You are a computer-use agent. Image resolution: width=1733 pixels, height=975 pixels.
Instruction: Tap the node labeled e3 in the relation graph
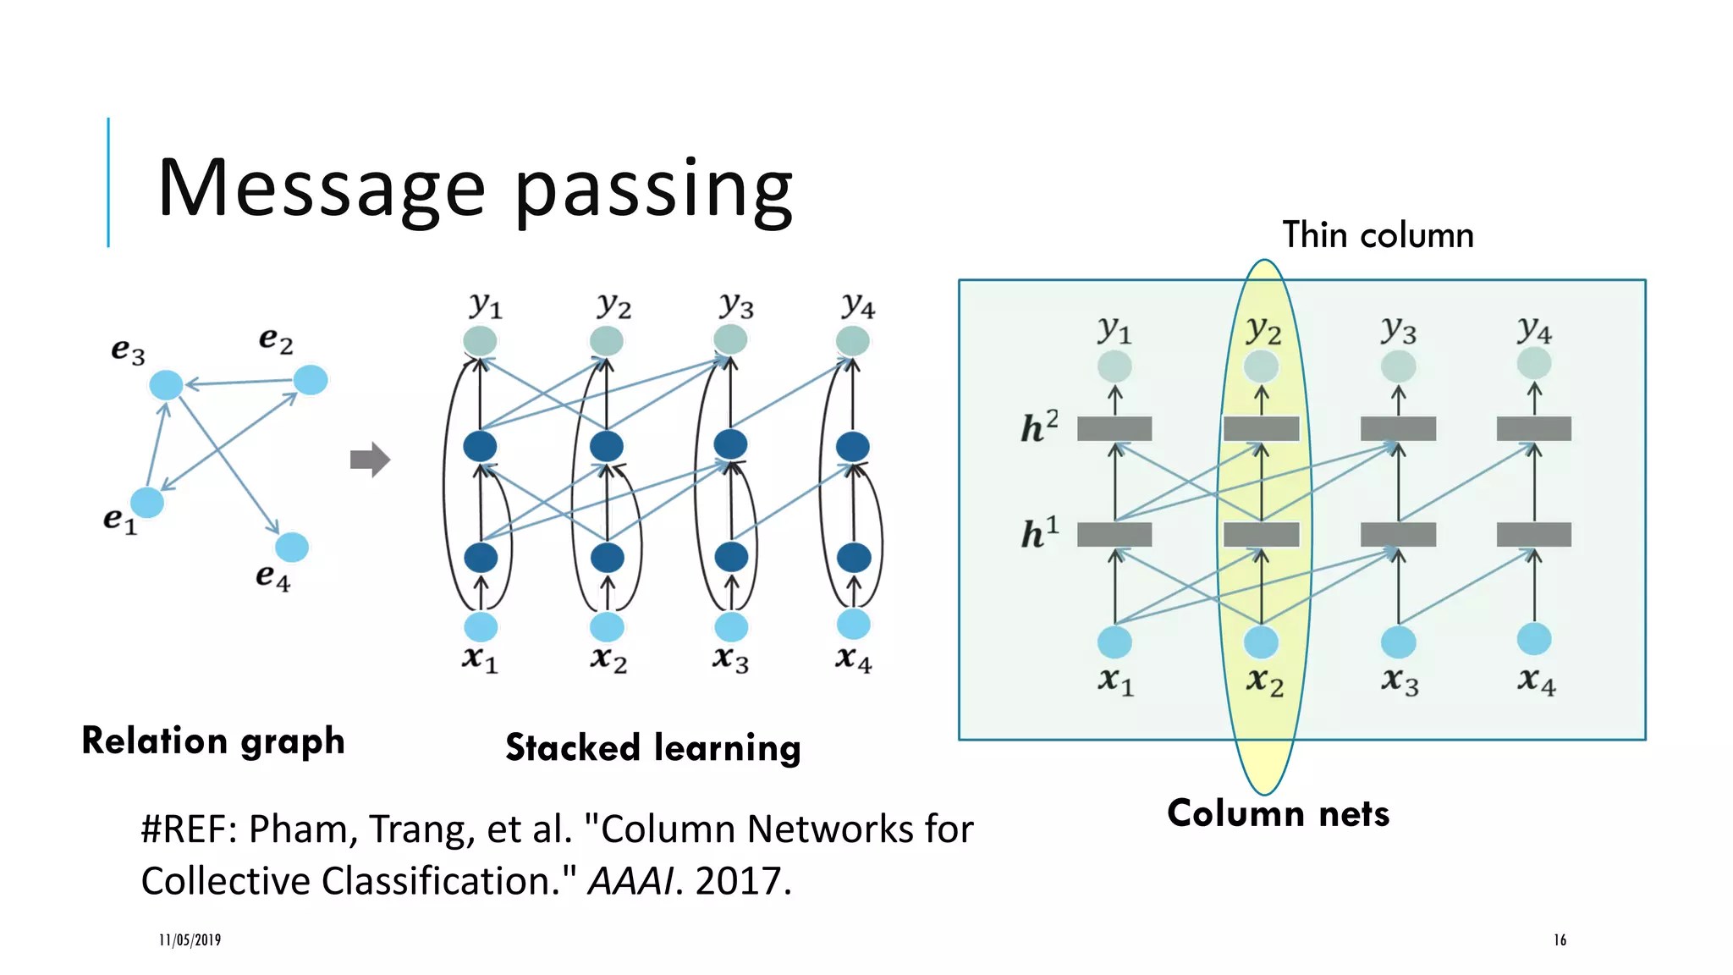tap(166, 385)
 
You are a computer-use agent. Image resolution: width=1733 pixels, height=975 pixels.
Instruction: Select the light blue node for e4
tap(292, 548)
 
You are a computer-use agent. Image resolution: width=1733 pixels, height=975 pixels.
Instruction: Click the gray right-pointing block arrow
tap(370, 460)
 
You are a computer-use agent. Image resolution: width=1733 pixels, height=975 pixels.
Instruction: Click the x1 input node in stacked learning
tap(481, 627)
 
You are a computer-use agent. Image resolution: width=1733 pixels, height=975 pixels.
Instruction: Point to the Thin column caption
tap(1378, 234)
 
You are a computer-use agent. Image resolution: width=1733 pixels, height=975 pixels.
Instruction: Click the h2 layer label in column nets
tap(1039, 427)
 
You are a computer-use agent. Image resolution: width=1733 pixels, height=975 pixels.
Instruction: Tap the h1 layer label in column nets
tap(1039, 533)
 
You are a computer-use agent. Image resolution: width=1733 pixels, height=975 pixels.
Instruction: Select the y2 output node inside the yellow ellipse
tap(1261, 366)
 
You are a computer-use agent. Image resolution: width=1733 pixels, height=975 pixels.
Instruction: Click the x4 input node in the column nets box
tap(1533, 639)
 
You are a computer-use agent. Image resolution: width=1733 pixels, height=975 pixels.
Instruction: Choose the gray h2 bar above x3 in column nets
tap(1398, 429)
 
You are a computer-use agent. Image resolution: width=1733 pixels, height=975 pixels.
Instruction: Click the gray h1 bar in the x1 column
tap(1114, 535)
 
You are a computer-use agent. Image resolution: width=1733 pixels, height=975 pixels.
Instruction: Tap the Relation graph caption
tap(213, 741)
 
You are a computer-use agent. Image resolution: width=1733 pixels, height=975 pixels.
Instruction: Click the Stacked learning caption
tap(652, 748)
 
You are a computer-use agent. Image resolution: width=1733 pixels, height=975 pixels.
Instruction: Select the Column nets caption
tap(1278, 813)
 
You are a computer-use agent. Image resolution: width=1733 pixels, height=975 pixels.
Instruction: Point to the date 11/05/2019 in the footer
tap(190, 939)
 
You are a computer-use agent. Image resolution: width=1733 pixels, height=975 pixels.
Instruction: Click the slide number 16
tap(1560, 939)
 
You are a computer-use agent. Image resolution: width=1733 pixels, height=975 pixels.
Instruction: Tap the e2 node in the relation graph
tap(311, 380)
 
